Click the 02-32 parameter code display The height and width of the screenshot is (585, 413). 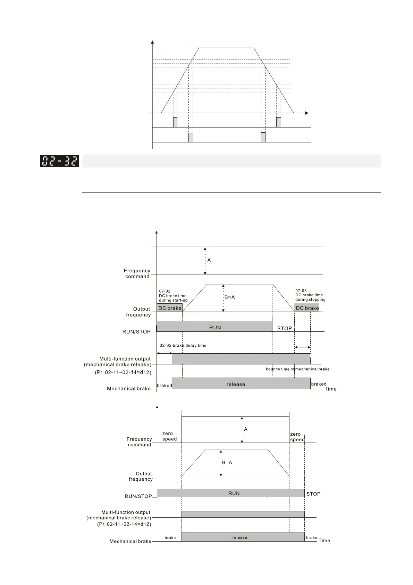59,161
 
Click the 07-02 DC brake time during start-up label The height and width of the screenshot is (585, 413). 173,296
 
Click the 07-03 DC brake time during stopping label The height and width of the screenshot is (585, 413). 310,295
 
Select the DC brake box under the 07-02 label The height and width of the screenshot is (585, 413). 170,308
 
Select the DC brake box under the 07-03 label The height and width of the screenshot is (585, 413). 307,308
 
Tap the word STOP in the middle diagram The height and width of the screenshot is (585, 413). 284,328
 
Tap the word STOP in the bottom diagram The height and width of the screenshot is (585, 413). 313,494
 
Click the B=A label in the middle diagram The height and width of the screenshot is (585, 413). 229,297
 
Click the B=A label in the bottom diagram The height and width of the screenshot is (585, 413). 227,462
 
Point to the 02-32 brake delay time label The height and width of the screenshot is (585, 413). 183,346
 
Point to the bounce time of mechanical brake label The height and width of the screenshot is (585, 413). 297,369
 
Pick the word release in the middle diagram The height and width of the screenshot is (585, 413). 236,384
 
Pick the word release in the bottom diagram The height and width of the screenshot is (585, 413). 239,537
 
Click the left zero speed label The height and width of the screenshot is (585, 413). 169,436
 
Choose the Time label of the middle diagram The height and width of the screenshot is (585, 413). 330,389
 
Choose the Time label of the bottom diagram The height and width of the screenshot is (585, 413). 324,541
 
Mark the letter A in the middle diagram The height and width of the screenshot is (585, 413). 209,260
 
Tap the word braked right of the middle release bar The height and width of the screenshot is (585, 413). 319,384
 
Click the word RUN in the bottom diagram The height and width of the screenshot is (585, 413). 234,493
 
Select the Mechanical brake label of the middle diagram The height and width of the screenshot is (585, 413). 128,389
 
